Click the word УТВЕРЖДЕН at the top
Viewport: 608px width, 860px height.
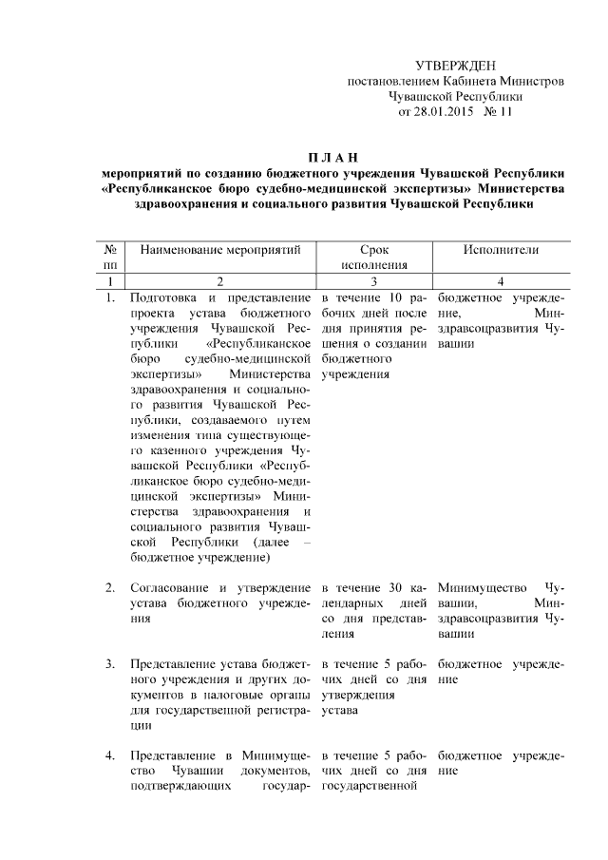[456, 65]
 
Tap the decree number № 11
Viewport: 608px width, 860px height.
[498, 110]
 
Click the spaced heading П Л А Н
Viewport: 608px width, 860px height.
[331, 157]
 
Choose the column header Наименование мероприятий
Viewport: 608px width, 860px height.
[220, 249]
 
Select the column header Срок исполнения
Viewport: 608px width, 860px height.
[375, 257]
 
